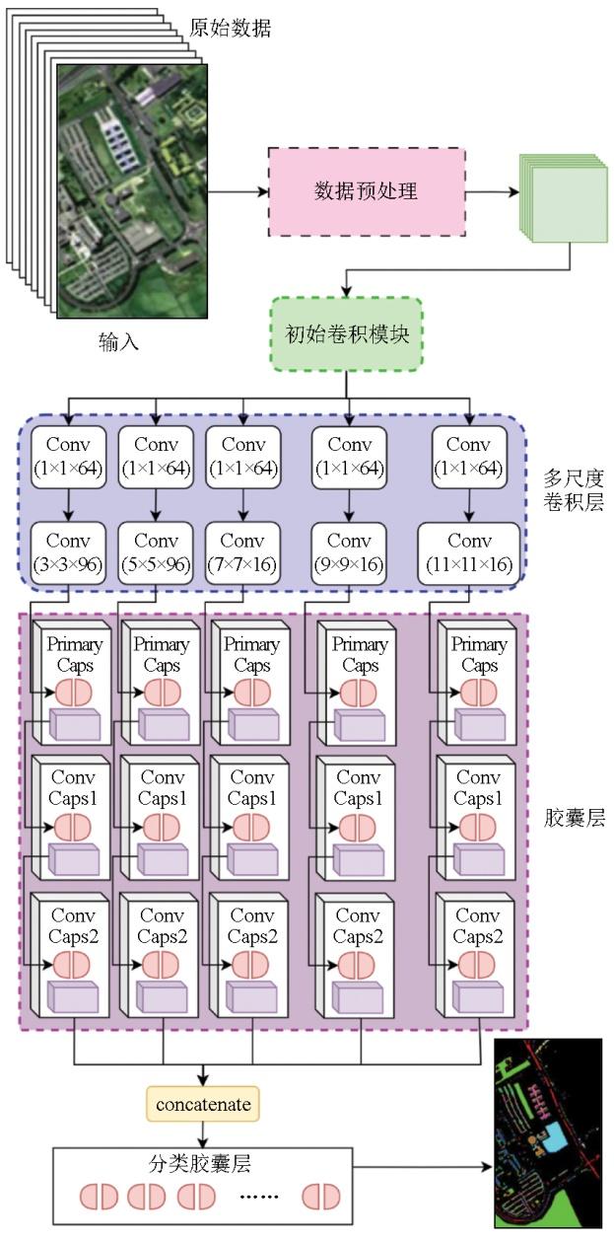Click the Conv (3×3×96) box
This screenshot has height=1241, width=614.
tap(68, 552)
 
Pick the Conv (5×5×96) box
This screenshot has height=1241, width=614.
tap(156, 552)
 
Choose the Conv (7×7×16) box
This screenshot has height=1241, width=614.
tap(242, 552)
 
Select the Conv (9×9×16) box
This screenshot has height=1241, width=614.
tap(350, 552)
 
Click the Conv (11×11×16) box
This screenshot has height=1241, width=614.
tap(469, 552)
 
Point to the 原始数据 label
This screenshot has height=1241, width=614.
tap(230, 29)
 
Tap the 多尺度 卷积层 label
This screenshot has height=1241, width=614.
tap(573, 490)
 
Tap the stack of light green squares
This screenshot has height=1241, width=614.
tap(561, 196)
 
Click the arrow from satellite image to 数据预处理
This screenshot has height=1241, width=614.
tap(238, 191)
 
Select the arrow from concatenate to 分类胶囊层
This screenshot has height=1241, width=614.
tap(202, 1132)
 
